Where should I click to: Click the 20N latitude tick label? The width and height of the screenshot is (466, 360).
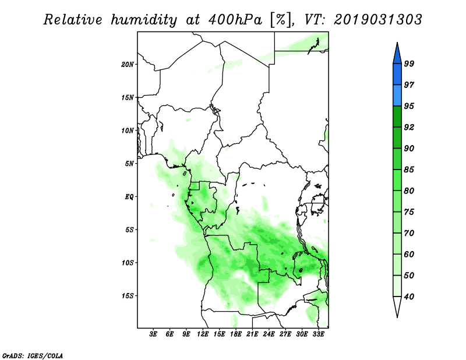128,65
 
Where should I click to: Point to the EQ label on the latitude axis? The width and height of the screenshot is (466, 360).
129,197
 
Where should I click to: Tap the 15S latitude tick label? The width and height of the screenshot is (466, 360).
128,296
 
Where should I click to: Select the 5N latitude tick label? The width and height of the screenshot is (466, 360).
129,164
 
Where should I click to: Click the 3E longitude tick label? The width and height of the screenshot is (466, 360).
153,334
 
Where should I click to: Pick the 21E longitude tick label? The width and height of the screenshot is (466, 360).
252,334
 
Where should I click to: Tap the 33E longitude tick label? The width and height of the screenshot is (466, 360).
318,334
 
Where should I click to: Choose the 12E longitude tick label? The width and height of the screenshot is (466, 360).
203,334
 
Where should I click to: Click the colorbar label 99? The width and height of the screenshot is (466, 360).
409,63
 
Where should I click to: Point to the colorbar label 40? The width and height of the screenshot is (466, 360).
409,297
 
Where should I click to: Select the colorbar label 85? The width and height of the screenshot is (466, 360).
409,170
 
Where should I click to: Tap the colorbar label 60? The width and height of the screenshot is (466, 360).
409,255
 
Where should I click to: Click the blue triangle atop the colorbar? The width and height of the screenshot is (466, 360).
397,55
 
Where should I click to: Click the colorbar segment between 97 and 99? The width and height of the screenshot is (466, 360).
397,75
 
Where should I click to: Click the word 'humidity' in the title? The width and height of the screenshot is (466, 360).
144,20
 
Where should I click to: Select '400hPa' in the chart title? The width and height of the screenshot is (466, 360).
235,20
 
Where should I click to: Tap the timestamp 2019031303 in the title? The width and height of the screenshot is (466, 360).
377,20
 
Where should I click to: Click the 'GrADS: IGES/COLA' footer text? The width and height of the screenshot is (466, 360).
33,355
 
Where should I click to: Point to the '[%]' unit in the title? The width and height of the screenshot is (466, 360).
281,20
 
